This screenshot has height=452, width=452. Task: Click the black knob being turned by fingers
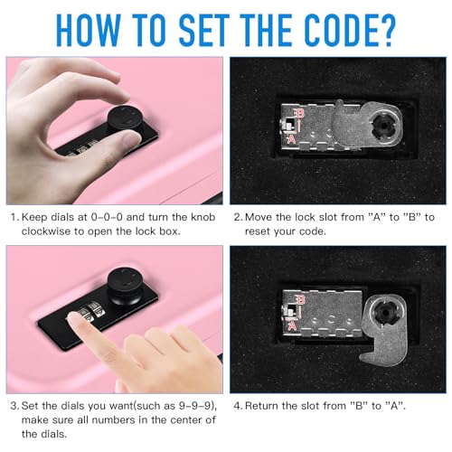click(x=120, y=122)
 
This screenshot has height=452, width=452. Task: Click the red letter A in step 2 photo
click(x=291, y=140)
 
